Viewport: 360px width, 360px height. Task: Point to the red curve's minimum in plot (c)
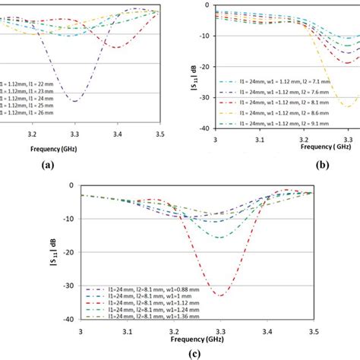pos(219,295)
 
